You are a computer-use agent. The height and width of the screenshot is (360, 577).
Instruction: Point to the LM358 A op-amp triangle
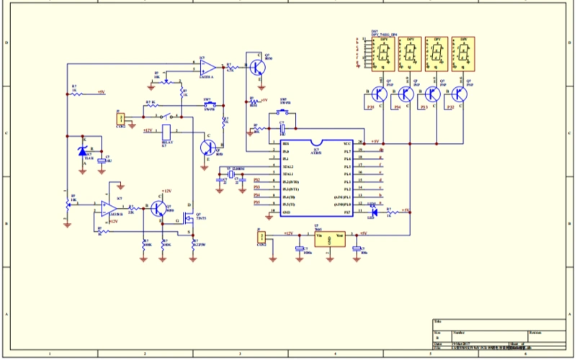coord(207,68)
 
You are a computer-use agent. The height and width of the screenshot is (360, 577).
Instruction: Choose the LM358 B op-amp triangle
coord(108,209)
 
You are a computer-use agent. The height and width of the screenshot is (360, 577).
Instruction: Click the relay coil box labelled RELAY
coord(166,132)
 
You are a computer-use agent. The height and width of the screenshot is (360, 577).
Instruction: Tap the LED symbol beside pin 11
coord(375,211)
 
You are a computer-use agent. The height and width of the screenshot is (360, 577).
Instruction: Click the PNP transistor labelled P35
coord(381,94)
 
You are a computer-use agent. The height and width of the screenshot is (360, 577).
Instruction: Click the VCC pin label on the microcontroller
coord(346,144)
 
